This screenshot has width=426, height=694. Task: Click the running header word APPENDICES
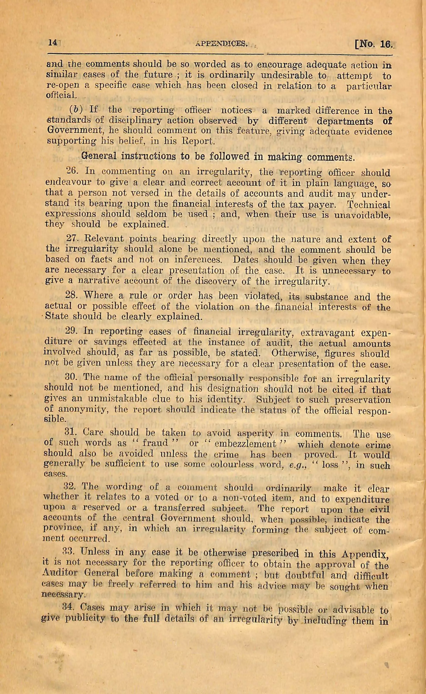(222, 44)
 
